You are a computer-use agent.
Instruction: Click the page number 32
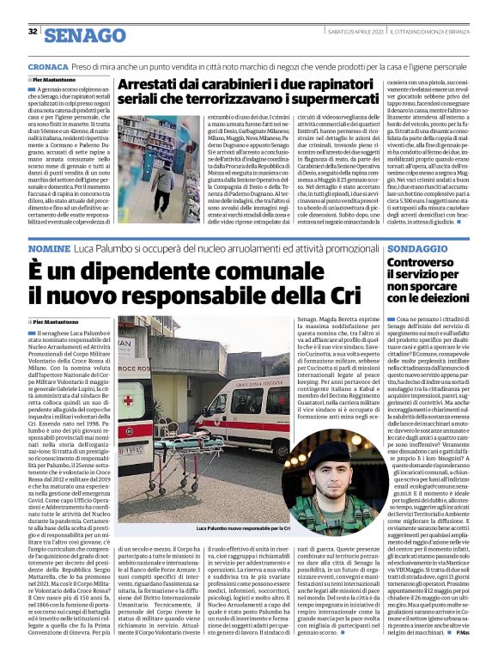point(33,32)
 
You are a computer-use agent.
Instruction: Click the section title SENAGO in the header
point(84,34)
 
